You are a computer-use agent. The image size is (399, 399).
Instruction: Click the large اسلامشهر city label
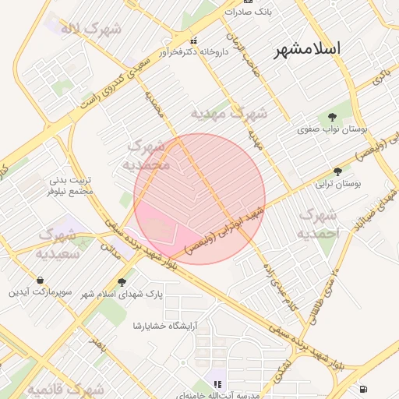308,48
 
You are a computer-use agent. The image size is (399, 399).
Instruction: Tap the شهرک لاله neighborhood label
90,30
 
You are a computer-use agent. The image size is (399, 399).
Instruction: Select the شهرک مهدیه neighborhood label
229,113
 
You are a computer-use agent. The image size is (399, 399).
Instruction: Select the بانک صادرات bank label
249,12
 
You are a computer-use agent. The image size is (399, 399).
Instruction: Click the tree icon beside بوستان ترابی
337,171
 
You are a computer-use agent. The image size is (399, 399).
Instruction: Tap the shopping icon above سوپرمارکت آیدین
40,280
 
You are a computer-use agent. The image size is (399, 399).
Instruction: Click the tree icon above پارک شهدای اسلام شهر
121,282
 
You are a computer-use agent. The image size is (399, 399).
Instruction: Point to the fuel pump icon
362,388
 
